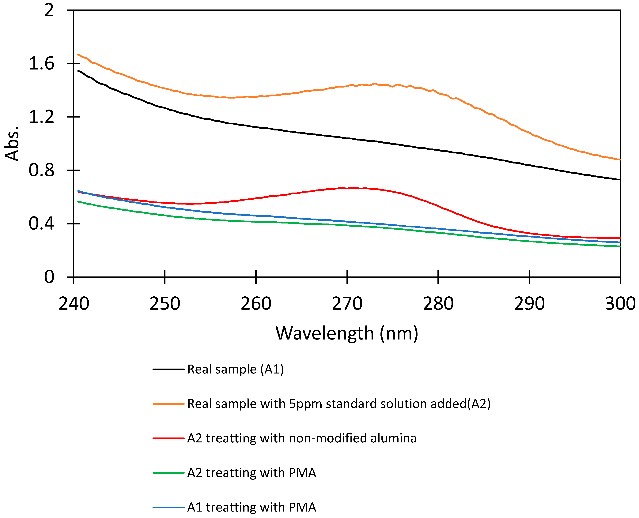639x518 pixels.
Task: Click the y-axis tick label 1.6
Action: click(41, 64)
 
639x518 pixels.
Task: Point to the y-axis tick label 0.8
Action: click(41, 170)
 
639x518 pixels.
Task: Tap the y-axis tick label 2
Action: click(49, 10)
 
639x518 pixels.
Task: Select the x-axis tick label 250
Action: click(165, 304)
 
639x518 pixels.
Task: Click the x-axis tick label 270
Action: click(347, 304)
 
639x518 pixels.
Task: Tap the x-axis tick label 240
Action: click(74, 304)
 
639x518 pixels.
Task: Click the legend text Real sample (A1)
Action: click(235, 369)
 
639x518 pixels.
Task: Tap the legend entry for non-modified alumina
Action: click(301, 438)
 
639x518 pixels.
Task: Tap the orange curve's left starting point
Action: click(78, 55)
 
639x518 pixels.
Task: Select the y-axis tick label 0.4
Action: click(41, 224)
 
